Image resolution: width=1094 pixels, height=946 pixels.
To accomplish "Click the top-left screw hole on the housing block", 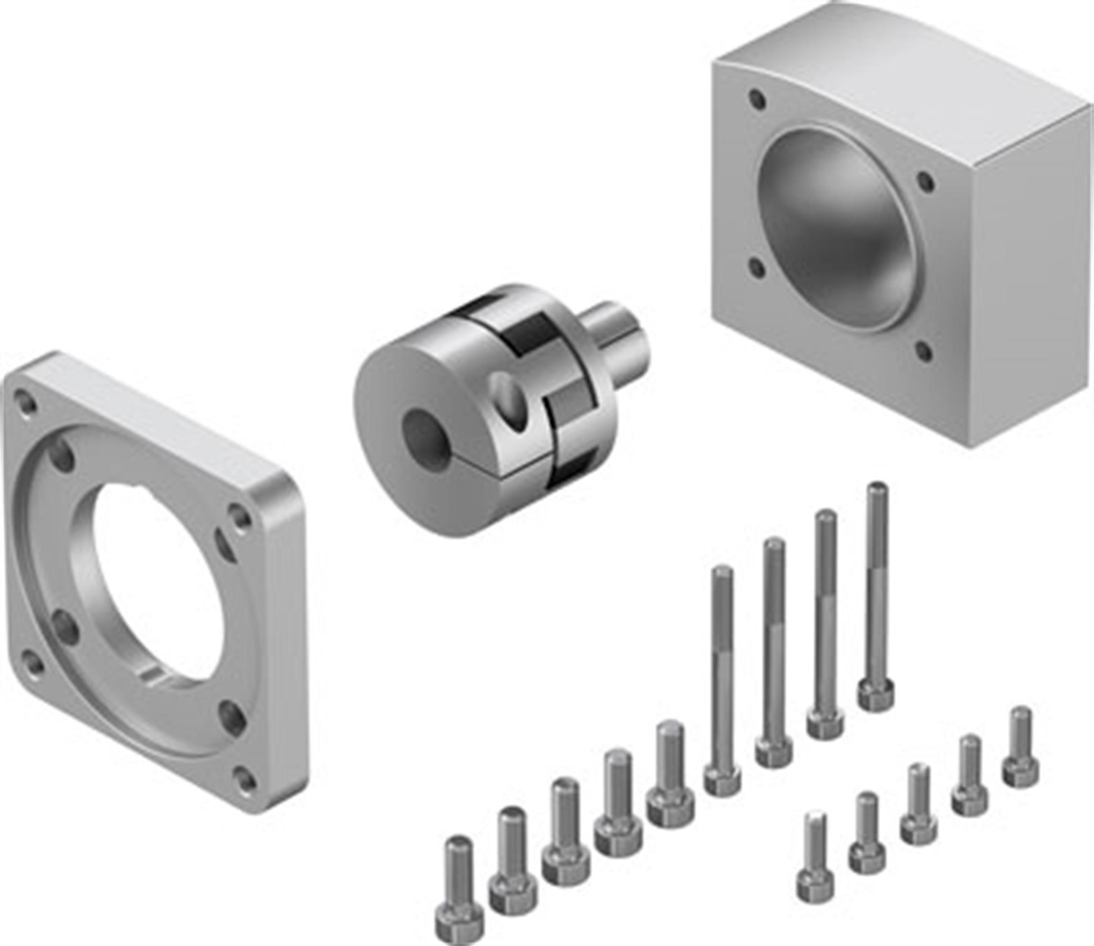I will pos(757,100).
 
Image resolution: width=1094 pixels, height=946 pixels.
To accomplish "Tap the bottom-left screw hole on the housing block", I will pos(757,268).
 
